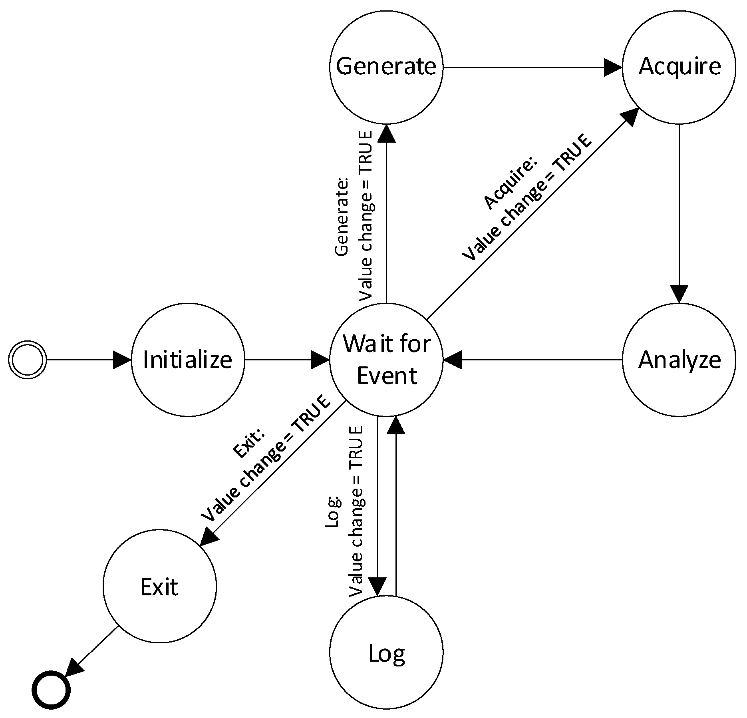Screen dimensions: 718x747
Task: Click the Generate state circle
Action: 386,67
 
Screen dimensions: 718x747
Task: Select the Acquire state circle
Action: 679,67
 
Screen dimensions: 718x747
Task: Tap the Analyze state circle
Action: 679,360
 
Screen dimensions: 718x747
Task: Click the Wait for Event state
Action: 386,360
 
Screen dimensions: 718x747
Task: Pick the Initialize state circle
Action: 188,360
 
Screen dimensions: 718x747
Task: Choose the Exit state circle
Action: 159,587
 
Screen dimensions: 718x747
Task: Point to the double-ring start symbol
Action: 28,360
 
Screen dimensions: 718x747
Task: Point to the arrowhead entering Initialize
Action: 122,360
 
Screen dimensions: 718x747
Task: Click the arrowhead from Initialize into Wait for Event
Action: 320,360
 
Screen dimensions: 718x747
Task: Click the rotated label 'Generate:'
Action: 342,217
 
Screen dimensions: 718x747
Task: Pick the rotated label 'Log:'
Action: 332,512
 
